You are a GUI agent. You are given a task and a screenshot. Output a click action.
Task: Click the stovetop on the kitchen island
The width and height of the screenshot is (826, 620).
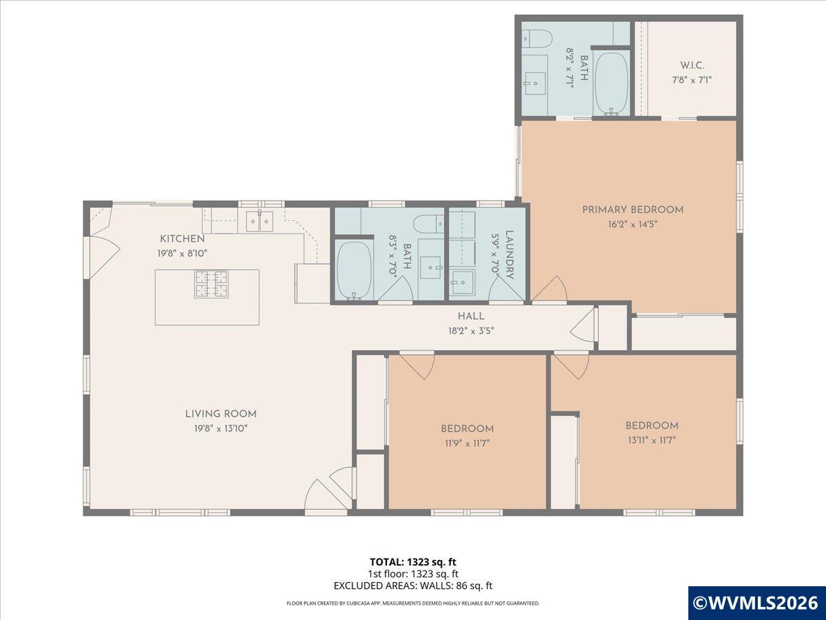[211, 284]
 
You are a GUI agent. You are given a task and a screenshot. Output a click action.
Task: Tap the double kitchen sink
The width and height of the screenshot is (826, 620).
[260, 221]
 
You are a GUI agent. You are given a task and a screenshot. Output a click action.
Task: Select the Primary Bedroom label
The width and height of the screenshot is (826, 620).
[633, 209]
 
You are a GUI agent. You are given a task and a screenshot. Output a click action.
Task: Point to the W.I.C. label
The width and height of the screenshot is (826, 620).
[692, 65]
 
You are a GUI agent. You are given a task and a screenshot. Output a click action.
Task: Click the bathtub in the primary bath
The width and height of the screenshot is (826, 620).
[611, 83]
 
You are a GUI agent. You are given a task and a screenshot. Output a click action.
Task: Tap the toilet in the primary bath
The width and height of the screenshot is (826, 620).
[538, 38]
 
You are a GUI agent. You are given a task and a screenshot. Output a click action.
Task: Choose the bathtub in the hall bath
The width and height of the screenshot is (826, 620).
[354, 270]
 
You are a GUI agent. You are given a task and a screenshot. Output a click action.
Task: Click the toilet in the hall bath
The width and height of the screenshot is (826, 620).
[429, 224]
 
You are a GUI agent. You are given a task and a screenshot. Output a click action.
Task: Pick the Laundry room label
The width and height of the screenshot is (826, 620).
[509, 255]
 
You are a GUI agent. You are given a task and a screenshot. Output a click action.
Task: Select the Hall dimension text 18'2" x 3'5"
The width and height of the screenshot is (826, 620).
[471, 331]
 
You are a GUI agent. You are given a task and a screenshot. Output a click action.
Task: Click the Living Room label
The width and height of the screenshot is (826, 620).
[221, 414]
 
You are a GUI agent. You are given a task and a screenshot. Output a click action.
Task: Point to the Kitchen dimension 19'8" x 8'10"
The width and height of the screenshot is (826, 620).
[182, 253]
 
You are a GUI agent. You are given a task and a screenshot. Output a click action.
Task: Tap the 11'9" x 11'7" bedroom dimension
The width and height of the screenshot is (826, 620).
[467, 443]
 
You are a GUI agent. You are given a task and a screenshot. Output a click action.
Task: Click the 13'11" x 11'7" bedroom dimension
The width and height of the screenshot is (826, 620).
[652, 440]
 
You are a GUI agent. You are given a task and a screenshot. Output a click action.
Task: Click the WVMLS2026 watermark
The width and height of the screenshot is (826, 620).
[756, 603]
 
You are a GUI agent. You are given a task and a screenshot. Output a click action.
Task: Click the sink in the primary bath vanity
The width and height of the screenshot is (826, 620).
[536, 83]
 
